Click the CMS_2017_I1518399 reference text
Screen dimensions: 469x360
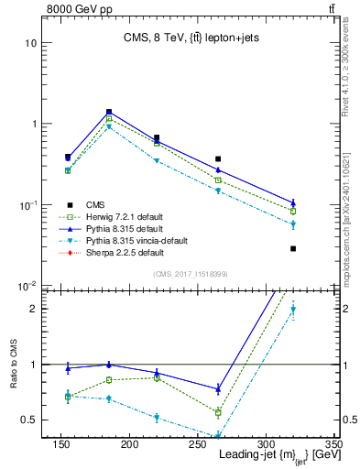[x=191, y=273]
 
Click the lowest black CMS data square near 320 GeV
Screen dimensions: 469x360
[x=293, y=248]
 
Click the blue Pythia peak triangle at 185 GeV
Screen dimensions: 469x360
[x=109, y=112]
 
